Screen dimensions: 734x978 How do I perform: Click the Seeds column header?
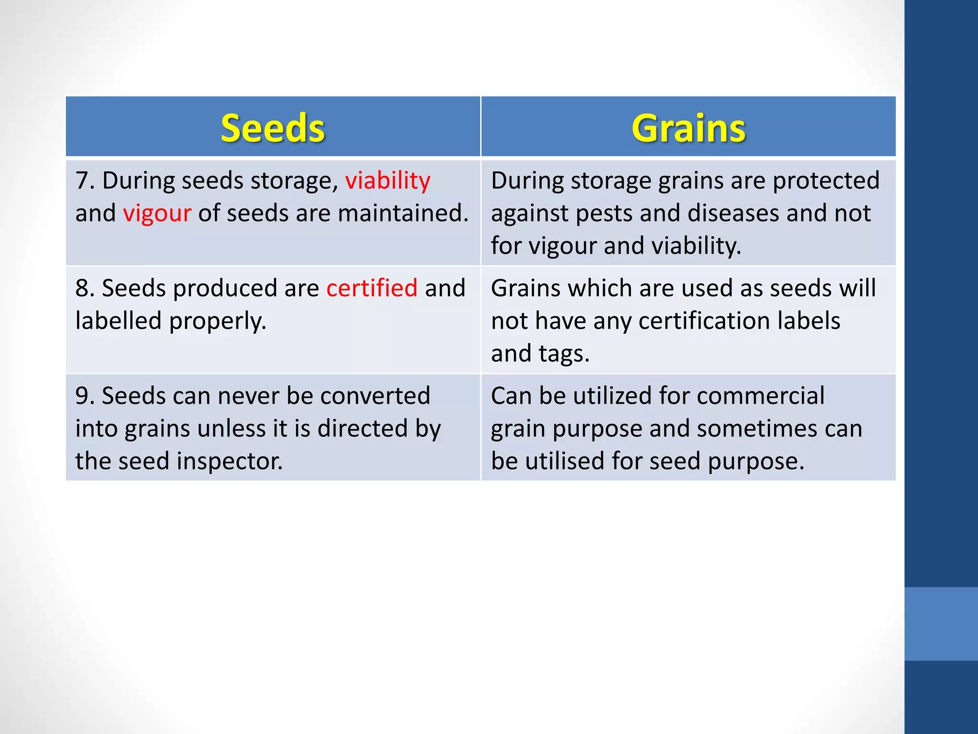click(273, 128)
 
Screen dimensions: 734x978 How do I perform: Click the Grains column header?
click(688, 128)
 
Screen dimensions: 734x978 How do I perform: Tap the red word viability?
click(388, 181)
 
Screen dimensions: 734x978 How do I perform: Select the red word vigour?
click(157, 213)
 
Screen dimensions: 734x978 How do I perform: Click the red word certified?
click(372, 288)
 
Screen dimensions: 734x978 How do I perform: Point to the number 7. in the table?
click(85, 181)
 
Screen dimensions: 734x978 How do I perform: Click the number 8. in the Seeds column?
click(85, 288)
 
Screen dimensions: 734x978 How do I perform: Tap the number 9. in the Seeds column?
click(85, 396)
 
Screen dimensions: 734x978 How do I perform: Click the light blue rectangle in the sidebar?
click(941, 624)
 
